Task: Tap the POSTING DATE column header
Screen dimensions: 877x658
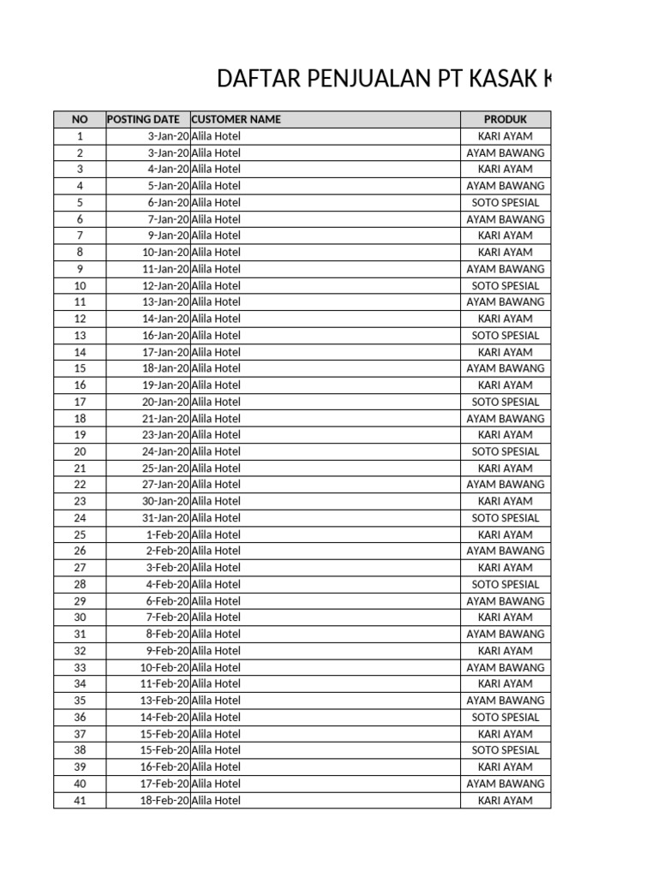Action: [143, 119]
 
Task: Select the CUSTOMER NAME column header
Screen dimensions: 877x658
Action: [236, 119]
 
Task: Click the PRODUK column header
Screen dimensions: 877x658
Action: [505, 119]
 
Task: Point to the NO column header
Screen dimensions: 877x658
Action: [80, 119]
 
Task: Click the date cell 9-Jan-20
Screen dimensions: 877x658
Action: [168, 236]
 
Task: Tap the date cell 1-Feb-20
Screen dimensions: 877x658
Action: [167, 534]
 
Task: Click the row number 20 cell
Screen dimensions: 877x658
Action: [80, 451]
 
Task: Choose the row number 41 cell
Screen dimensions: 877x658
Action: [80, 801]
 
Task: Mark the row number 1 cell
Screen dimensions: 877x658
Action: [80, 136]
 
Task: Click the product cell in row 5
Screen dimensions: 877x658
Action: [505, 202]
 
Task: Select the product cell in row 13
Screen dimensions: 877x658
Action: [505, 336]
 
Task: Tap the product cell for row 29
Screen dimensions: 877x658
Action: [505, 601]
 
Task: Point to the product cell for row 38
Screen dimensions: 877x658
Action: [505, 750]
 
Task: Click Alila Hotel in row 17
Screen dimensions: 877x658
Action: [216, 402]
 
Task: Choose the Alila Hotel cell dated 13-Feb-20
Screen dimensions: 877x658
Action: [216, 701]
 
